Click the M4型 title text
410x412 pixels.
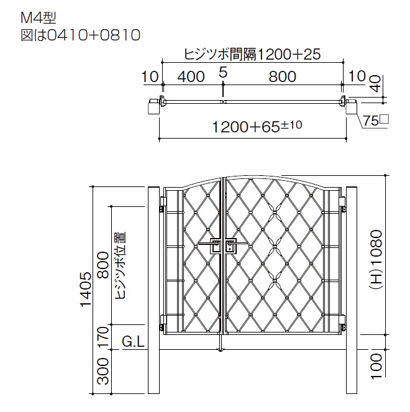click(x=39, y=19)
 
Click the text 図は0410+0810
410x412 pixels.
click(x=80, y=35)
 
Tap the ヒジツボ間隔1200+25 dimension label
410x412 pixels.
click(x=252, y=55)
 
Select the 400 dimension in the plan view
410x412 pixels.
click(x=191, y=76)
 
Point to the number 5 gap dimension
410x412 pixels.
click(x=223, y=73)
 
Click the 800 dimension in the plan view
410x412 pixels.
click(x=283, y=76)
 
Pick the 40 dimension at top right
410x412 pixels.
click(x=376, y=83)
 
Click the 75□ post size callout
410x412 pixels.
click(x=376, y=121)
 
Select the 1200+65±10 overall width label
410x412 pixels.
click(x=257, y=126)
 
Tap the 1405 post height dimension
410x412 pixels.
click(x=86, y=290)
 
